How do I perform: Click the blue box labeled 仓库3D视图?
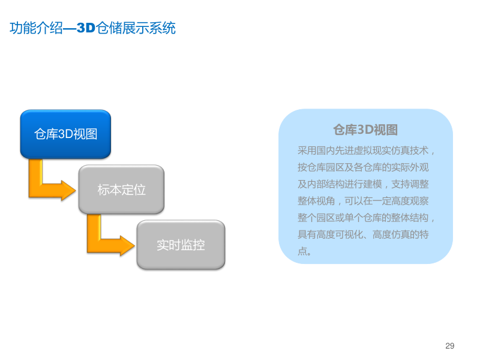65,134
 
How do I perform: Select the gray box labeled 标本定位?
121,190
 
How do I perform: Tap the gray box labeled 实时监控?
181,245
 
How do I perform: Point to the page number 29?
450,346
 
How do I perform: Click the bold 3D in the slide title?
86,28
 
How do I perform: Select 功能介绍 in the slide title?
36,28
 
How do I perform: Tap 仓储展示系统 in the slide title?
136,28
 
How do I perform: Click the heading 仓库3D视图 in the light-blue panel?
365,130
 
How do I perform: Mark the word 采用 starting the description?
305,150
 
